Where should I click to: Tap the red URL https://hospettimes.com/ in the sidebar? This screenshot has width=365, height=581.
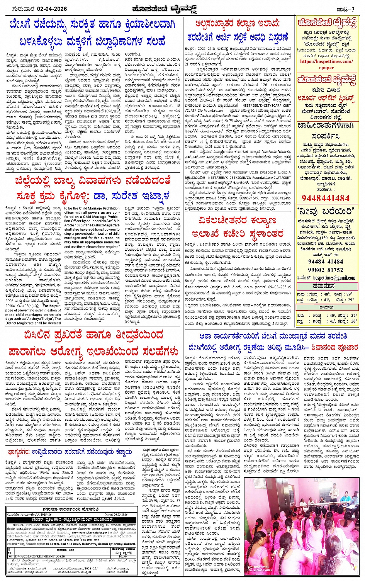click(326, 61)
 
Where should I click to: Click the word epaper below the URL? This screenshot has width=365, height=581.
click(326, 68)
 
